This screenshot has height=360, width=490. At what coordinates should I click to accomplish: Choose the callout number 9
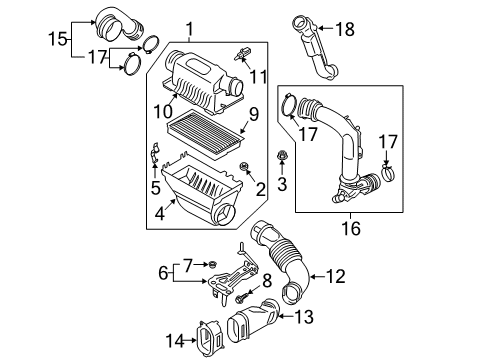point(254,115)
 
